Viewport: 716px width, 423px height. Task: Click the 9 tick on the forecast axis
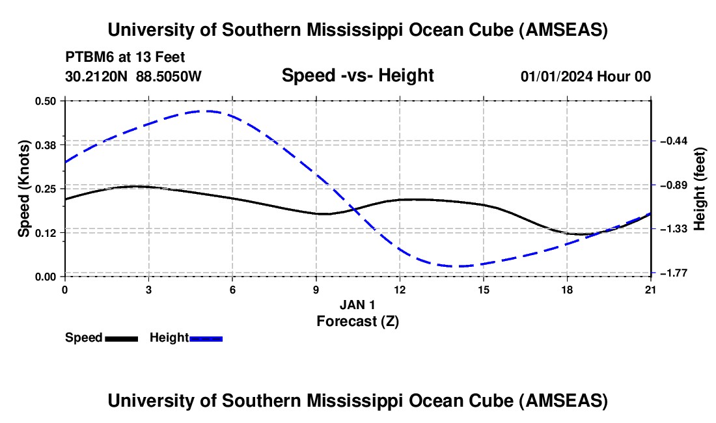coord(316,289)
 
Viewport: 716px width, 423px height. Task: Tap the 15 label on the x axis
coord(483,289)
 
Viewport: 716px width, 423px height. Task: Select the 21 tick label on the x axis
coord(650,289)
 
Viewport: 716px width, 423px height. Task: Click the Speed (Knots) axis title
coord(24,189)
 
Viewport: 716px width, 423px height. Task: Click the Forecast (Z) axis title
coord(357,321)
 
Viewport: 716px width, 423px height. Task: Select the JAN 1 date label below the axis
coord(357,305)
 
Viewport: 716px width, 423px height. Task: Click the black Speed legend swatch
coord(121,338)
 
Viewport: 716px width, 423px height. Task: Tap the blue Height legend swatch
coord(206,338)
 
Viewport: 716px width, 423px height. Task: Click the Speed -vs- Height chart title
coord(357,76)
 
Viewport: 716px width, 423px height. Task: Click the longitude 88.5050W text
coord(169,77)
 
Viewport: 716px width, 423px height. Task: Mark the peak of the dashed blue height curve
coord(206,111)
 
